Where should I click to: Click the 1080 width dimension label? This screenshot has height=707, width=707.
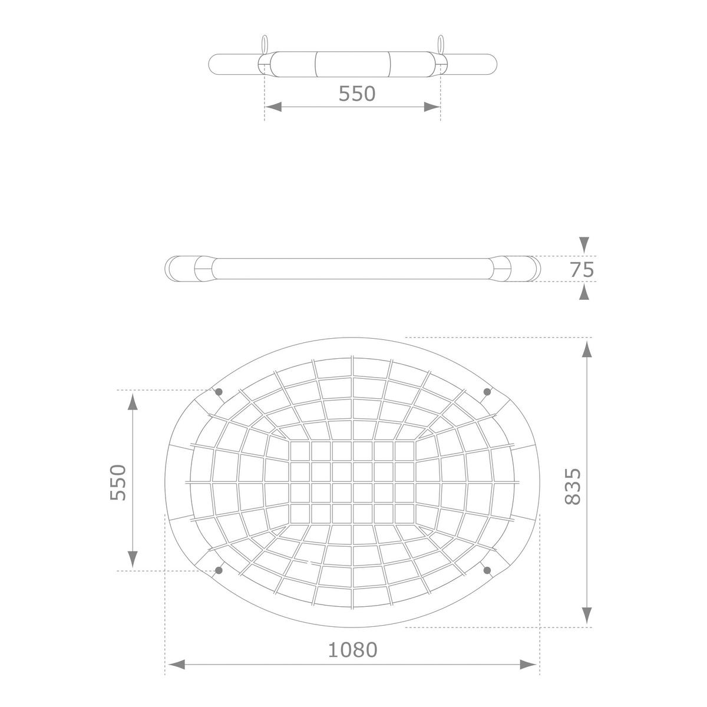(x=352, y=650)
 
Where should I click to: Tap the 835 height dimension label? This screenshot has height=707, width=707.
(x=572, y=487)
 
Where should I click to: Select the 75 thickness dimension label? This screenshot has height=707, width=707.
(x=582, y=270)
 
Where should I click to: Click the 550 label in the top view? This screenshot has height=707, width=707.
(x=356, y=94)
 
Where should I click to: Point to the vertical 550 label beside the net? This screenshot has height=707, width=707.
(x=118, y=483)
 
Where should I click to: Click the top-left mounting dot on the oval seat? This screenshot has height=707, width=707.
(x=219, y=392)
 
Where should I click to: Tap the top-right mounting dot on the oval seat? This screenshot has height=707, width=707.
(x=487, y=392)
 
